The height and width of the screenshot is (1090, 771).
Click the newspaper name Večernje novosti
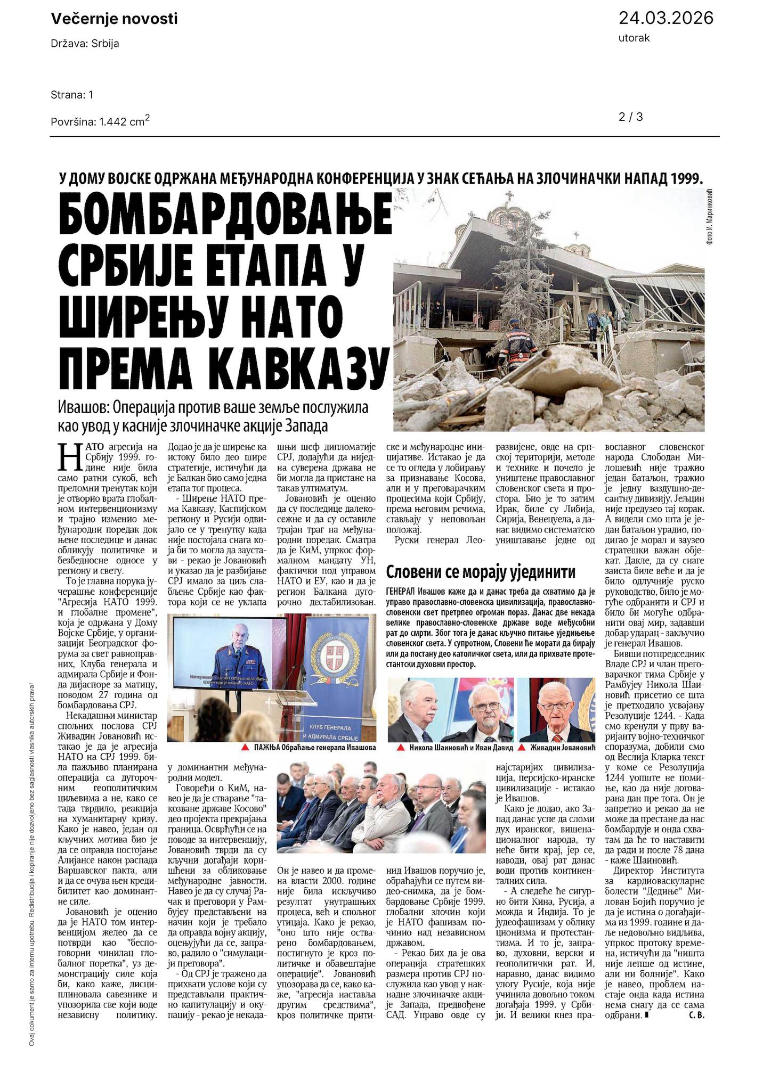tap(114, 19)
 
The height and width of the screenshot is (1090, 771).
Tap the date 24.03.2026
tap(666, 18)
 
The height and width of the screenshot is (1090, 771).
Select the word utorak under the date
tap(634, 38)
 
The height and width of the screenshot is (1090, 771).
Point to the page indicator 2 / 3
tap(631, 117)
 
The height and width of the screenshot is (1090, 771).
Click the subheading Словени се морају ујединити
tap(481, 572)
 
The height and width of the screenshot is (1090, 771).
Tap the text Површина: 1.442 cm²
tap(100, 121)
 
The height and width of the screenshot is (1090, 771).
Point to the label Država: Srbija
tap(85, 44)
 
